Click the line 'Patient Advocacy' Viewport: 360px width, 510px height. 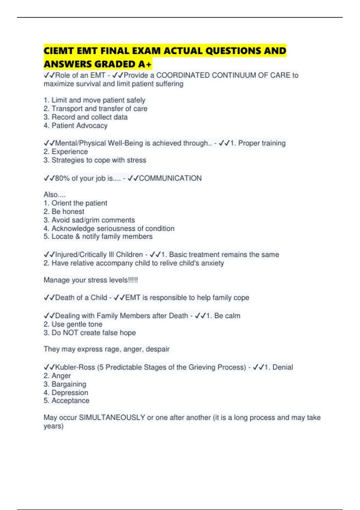(79, 125)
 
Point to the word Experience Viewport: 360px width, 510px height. (70, 151)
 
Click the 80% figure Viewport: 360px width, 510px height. (62, 178)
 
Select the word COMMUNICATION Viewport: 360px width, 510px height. (170, 178)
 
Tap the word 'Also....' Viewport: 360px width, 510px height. (55, 194)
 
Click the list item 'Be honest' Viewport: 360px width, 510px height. (68, 211)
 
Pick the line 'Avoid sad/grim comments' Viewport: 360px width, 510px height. (93, 220)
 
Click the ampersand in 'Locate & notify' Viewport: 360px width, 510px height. (78, 236)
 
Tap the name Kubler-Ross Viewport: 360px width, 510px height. (75, 367)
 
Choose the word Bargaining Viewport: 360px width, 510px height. (69, 384)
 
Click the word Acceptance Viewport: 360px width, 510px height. (70, 401)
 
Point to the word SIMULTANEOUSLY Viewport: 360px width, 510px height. (112, 418)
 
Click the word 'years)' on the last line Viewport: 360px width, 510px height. (53, 426)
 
